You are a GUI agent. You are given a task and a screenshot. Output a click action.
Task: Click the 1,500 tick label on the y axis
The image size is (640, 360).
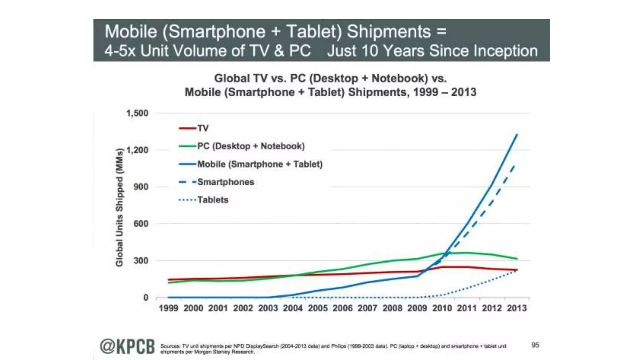coord(137,113)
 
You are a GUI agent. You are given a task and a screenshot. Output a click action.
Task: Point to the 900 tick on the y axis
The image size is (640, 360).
coord(141,187)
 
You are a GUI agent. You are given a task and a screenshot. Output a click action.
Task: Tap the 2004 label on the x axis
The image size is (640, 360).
coord(292,308)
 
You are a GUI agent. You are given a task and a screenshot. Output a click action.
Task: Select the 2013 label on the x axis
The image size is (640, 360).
coord(517,308)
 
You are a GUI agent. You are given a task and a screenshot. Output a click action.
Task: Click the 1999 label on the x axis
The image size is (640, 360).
coord(168,308)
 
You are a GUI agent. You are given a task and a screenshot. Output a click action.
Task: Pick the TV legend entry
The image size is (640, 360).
coord(202,128)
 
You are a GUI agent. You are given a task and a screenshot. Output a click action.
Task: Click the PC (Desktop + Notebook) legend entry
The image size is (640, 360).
coord(251,146)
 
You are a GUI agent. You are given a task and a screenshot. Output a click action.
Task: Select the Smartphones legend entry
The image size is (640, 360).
coord(225,182)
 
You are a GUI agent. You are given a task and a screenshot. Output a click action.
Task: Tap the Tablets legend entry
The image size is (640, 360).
coord(212,200)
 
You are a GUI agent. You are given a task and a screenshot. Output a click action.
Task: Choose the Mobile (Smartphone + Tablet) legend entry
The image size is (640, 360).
coord(260,164)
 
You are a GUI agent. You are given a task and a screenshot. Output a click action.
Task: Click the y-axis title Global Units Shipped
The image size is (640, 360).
coord(119,207)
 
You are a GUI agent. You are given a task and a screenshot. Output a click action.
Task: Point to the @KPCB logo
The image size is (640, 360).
coord(127,347)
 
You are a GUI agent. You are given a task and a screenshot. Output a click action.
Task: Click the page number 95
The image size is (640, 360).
coord(535,345)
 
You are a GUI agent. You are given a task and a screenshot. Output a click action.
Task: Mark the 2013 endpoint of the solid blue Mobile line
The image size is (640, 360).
coord(517,135)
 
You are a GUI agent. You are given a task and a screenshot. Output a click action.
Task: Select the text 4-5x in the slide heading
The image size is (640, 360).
coord(120,51)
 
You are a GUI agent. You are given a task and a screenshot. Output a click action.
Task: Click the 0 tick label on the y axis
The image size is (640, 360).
coord(146,297)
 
